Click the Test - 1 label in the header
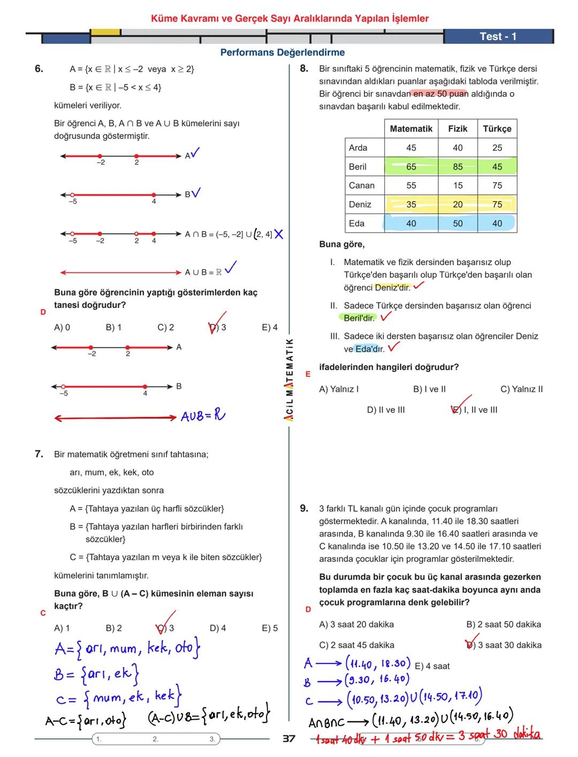click(x=498, y=36)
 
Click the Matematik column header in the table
click(x=411, y=129)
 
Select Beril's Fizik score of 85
click(x=458, y=167)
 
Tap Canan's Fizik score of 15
click(x=458, y=186)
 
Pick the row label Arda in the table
click(x=358, y=148)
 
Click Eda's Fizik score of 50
click(x=458, y=223)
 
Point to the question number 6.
click(x=39, y=69)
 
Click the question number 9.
click(x=304, y=508)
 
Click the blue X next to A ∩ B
click(x=278, y=234)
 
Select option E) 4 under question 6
click(x=270, y=327)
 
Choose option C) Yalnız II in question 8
click(x=521, y=389)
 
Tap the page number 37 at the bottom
click(x=289, y=739)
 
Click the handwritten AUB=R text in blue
click(x=203, y=416)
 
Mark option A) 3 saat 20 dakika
click(x=356, y=624)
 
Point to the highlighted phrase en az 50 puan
click(x=440, y=94)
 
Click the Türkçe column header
click(x=497, y=129)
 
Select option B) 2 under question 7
click(x=113, y=628)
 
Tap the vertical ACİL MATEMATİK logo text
click(x=289, y=380)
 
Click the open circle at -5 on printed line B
click(x=73, y=195)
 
